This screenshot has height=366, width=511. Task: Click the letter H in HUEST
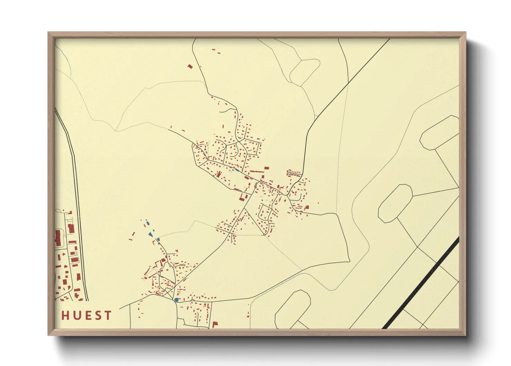(66, 315)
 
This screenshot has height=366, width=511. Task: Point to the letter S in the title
(97, 315)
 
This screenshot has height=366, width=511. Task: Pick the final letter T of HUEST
(108, 315)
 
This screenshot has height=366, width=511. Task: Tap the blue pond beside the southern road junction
(176, 300)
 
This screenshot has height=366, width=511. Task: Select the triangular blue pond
(151, 235)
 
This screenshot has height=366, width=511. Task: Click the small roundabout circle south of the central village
(264, 235)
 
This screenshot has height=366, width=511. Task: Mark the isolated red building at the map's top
(190, 66)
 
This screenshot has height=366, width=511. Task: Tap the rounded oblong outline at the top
(305, 72)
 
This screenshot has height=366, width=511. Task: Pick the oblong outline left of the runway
(395, 203)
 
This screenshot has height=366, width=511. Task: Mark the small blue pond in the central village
(237, 170)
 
